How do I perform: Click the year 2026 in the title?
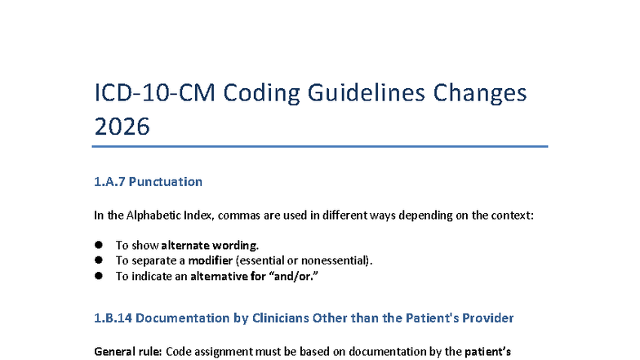pyautogui.click(x=122, y=126)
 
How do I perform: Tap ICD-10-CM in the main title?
pyautogui.click(x=155, y=93)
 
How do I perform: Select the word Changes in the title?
pyautogui.click(x=480, y=94)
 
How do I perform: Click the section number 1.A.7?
pyautogui.click(x=109, y=181)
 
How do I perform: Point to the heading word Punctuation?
pyautogui.click(x=165, y=181)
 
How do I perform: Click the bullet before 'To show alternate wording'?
pyautogui.click(x=98, y=245)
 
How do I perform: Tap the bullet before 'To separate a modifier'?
pyautogui.click(x=98, y=260)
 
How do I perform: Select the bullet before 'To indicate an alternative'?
pyautogui.click(x=98, y=276)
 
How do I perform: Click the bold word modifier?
pyautogui.click(x=211, y=260)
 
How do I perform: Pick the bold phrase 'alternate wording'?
pyautogui.click(x=209, y=245)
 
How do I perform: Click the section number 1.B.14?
pyautogui.click(x=113, y=318)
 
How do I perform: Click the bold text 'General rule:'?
pyautogui.click(x=128, y=351)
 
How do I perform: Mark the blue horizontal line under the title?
pyautogui.click(x=320, y=146)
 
